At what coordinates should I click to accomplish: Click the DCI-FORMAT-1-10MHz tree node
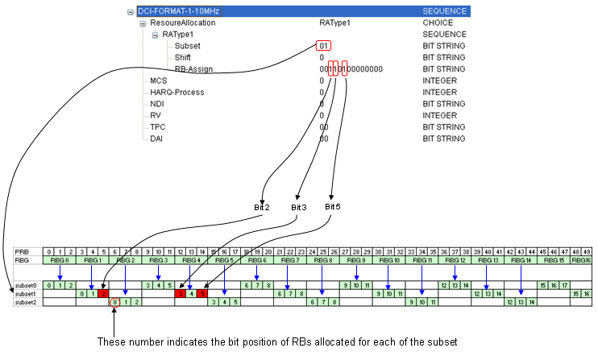178,12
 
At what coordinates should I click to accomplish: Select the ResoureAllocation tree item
183,23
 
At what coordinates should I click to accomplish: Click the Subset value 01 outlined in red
323,47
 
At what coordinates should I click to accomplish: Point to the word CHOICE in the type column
438,23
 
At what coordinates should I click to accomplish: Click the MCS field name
158,81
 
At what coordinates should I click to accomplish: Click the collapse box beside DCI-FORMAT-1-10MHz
131,12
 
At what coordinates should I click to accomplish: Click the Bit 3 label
298,208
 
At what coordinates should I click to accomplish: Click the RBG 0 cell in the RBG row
60,260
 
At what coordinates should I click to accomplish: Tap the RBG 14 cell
521,260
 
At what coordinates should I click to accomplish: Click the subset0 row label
27,285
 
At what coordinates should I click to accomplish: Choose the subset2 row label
27,302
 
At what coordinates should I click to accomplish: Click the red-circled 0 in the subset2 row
115,302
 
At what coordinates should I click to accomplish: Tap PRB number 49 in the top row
586,252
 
